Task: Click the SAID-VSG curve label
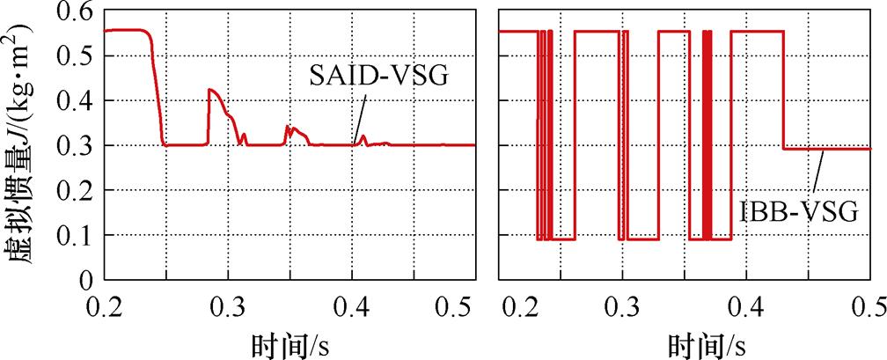point(378,76)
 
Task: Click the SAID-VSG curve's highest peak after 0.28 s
point(209,90)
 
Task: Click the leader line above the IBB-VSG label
point(818,173)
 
